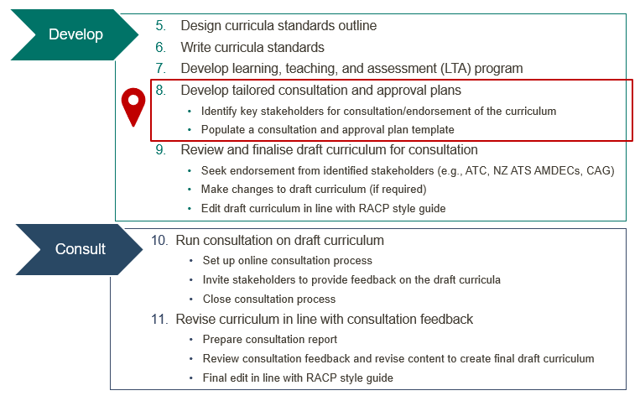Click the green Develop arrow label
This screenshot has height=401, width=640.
point(75,34)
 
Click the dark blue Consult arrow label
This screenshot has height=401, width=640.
point(81,249)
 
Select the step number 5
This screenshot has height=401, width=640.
point(160,26)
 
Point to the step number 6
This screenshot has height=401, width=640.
point(160,47)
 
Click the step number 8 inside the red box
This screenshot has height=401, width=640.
point(160,90)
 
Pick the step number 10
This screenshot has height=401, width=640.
point(159,241)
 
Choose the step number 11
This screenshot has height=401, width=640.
point(159,319)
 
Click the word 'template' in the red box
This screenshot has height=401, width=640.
point(428,130)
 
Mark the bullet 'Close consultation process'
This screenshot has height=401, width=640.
point(268,299)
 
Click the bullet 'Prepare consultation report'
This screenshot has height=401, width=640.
point(269,340)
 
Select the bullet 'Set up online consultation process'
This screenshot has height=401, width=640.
point(286,260)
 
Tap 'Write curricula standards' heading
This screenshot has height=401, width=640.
point(252,47)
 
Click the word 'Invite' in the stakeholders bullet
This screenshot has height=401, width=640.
point(216,280)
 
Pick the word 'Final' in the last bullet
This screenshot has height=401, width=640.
point(216,378)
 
